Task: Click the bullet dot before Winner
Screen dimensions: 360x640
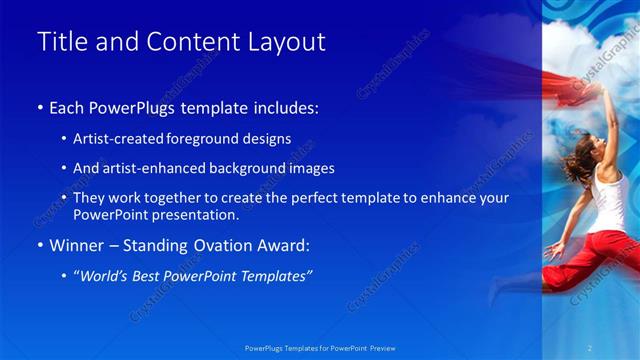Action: point(40,245)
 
